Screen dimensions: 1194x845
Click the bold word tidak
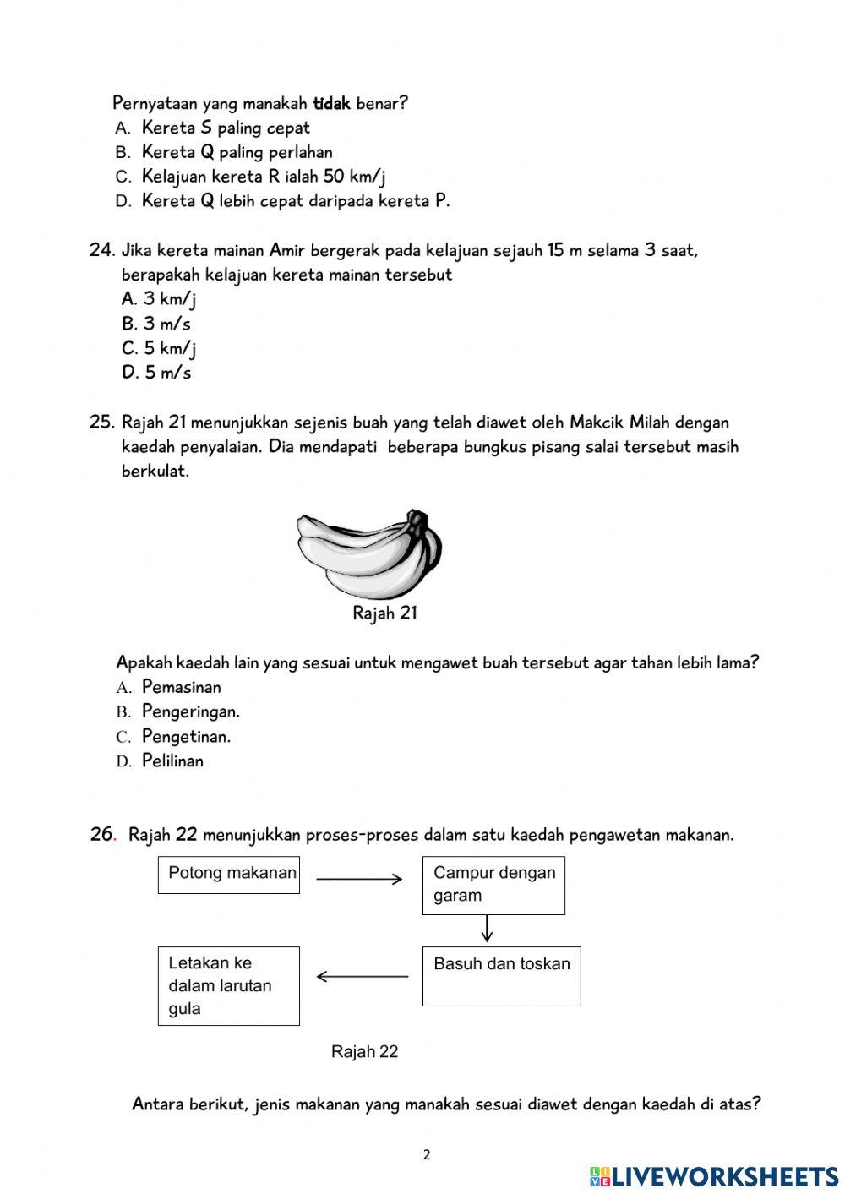point(331,104)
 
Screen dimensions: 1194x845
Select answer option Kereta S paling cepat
point(226,128)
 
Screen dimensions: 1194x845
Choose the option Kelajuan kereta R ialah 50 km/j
point(264,177)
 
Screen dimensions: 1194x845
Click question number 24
point(101,250)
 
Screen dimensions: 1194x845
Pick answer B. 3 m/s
point(156,324)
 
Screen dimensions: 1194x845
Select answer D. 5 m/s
point(156,373)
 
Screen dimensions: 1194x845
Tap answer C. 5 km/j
point(159,348)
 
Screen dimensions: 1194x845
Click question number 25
point(101,423)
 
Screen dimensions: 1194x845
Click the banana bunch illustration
point(370,553)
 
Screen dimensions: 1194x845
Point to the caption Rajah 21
point(384,613)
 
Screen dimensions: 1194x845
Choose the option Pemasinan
point(181,687)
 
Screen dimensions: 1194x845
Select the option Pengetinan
point(186,736)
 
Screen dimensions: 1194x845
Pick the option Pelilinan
point(172,761)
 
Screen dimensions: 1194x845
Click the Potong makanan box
point(229,875)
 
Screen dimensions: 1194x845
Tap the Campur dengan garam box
point(493,885)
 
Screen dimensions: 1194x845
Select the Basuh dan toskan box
point(501,976)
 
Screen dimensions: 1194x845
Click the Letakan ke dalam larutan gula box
point(229,985)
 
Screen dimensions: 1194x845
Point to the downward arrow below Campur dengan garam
point(487,929)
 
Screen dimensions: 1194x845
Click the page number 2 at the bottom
point(427,1155)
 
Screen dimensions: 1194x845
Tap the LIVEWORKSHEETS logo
point(714,1176)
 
